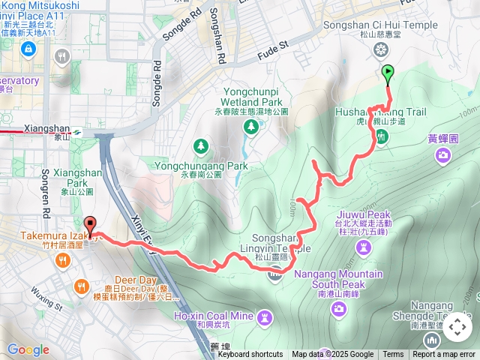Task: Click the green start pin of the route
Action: point(388,73)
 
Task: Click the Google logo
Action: point(28,349)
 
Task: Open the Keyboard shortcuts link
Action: point(250,355)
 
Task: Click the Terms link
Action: point(393,355)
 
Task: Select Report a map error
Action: point(444,355)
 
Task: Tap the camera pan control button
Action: point(457,327)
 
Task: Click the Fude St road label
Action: point(274,46)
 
